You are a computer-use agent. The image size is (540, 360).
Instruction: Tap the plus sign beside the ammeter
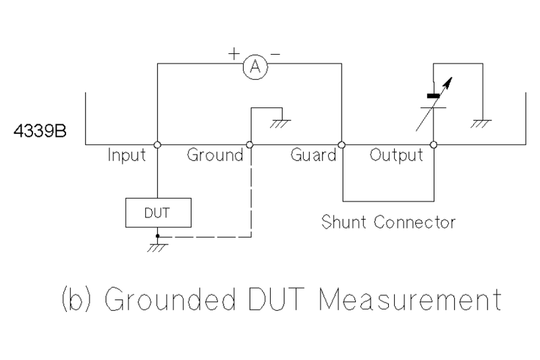(x=234, y=53)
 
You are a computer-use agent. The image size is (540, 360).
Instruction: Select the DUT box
(x=158, y=213)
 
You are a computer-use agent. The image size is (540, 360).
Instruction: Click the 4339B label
(x=40, y=130)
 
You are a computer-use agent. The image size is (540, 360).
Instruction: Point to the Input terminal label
(x=127, y=156)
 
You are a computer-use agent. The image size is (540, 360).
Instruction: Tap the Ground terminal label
(x=215, y=156)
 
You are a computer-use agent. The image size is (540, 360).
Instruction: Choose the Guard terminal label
(x=313, y=156)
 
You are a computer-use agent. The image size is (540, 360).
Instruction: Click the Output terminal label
(x=397, y=156)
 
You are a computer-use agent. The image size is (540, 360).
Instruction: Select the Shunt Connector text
(x=389, y=222)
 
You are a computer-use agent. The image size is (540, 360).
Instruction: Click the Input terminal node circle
(x=157, y=145)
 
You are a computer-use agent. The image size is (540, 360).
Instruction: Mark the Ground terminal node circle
(x=250, y=145)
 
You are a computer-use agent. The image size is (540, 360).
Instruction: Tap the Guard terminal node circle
(x=342, y=145)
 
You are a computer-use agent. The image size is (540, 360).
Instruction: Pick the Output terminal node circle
(x=433, y=145)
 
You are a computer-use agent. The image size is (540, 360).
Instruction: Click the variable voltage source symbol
(x=433, y=100)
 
